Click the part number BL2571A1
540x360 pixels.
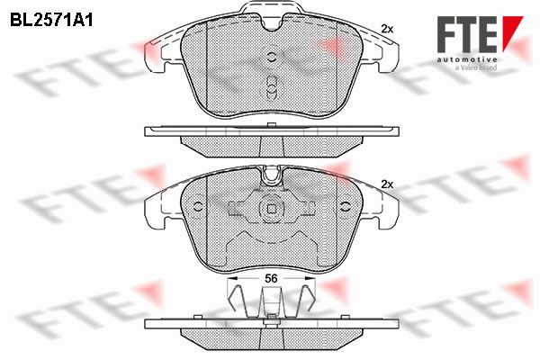51,21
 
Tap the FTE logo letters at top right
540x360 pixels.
467,34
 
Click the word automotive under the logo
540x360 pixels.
467,60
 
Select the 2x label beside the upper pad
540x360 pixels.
387,30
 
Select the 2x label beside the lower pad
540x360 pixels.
387,184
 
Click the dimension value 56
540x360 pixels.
272,278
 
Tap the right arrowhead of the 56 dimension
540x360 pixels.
310,278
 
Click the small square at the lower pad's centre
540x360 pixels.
272,209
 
